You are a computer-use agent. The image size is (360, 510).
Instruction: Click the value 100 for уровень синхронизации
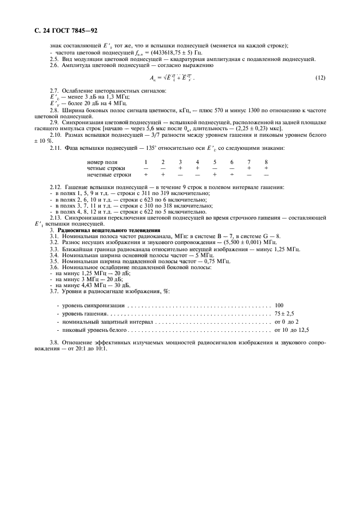(x=279, y=306)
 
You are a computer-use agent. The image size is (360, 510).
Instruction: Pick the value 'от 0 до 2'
(x=286, y=322)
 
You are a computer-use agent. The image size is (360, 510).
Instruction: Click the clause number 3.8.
(x=54, y=344)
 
